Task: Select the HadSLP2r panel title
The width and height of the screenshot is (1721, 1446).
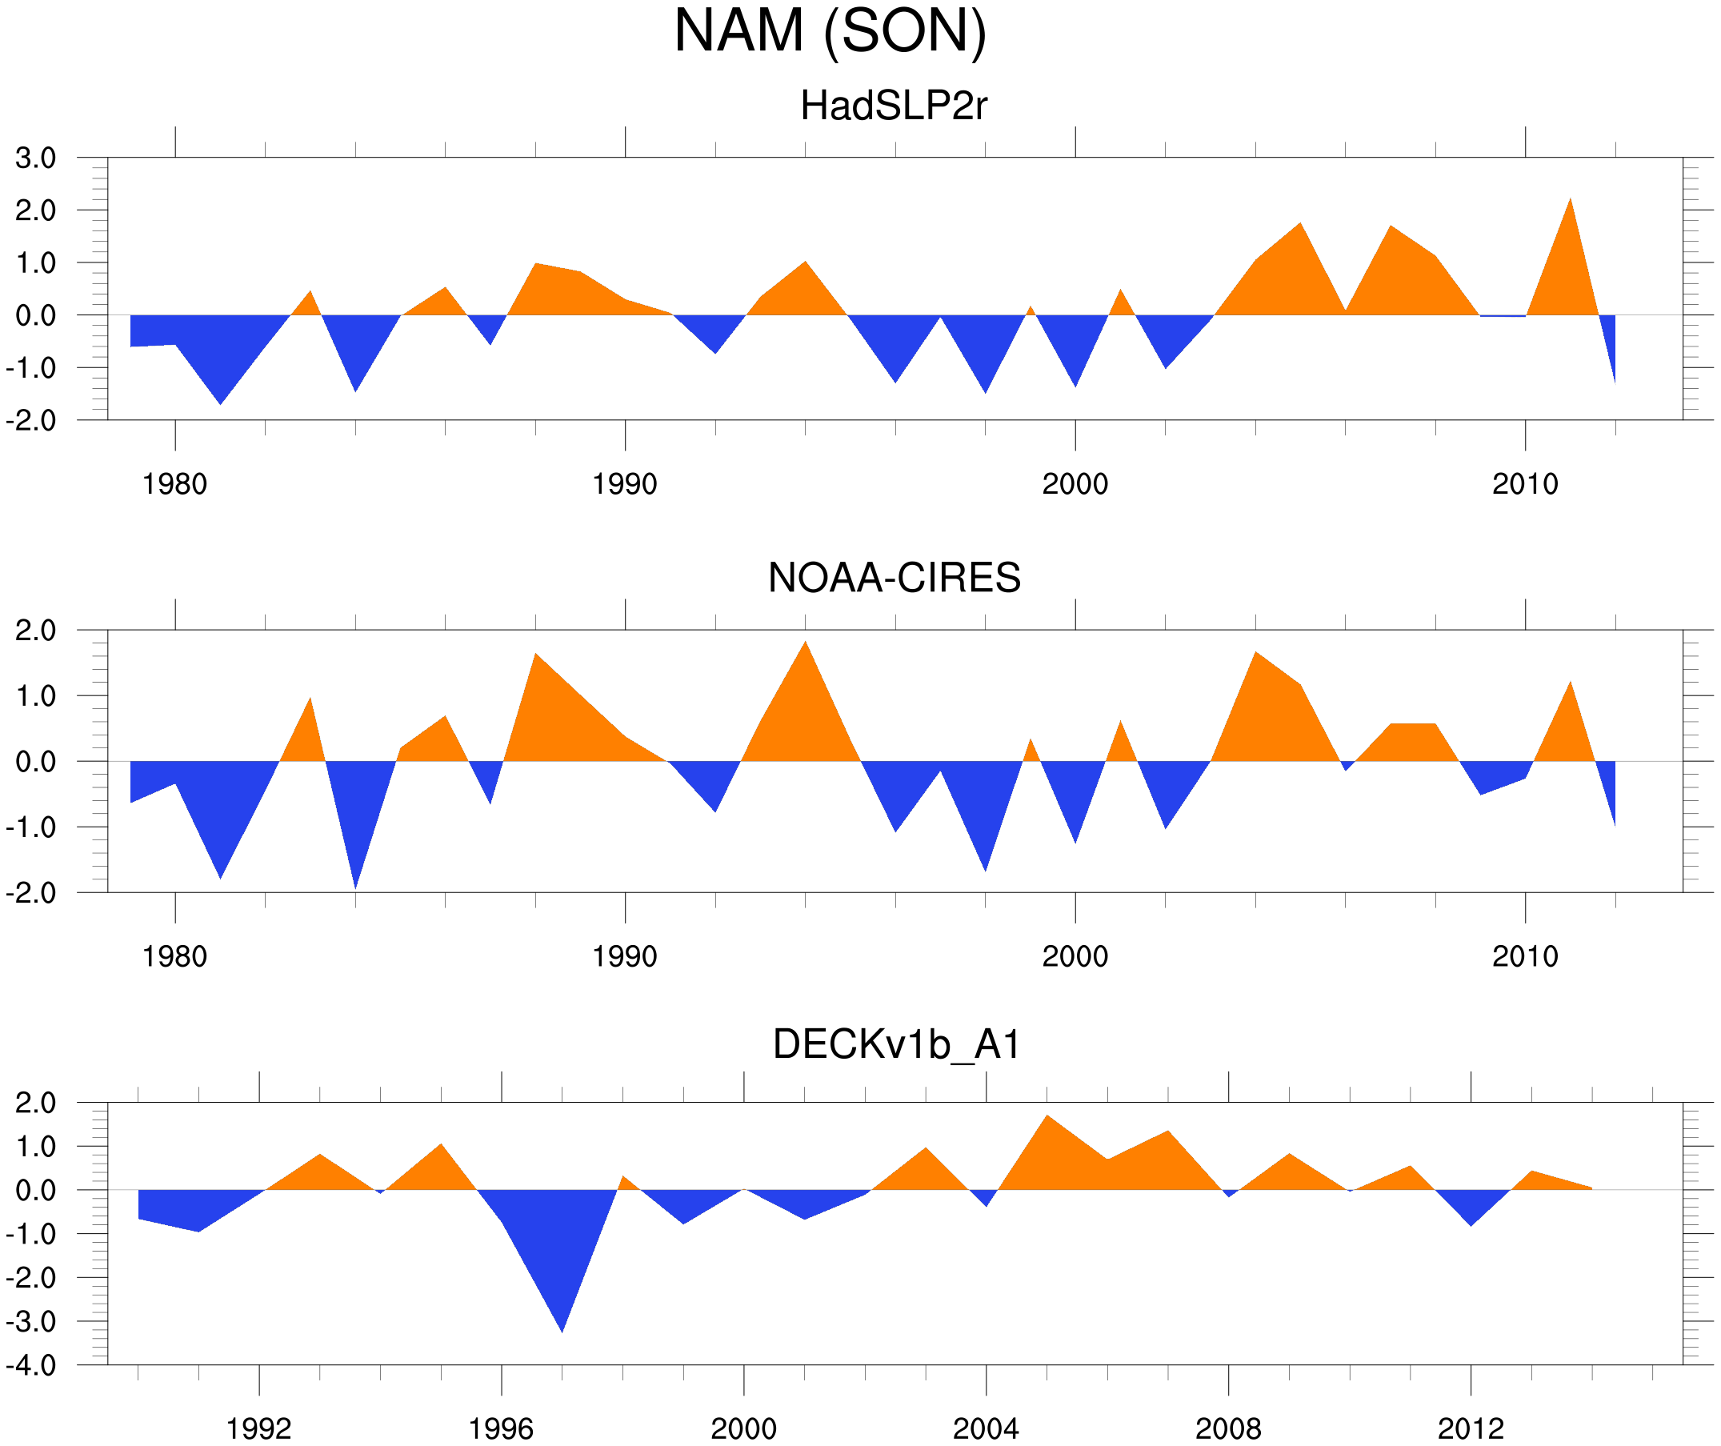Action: tap(893, 106)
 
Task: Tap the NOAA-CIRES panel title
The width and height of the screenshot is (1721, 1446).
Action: tap(894, 578)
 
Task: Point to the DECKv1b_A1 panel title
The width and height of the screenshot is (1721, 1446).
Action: tap(897, 1045)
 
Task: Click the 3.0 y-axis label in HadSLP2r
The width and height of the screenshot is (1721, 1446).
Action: tap(36, 158)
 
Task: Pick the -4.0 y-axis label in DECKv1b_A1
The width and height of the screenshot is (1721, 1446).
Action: tap(31, 1366)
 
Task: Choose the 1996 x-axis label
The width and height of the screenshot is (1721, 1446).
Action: tap(501, 1430)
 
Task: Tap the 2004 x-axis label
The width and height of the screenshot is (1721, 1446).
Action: tap(985, 1430)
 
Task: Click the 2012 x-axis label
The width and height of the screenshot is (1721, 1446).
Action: tap(1471, 1430)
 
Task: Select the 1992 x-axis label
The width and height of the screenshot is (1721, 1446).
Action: tap(259, 1430)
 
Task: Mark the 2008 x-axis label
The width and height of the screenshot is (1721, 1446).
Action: tap(1227, 1430)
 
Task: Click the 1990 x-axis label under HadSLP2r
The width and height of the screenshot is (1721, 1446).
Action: tap(625, 484)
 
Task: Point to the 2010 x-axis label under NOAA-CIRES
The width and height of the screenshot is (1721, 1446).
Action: tap(1524, 956)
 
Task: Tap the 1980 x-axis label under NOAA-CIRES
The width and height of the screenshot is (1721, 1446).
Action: tap(174, 956)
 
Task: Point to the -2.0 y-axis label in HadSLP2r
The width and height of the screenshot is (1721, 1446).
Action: tap(31, 422)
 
